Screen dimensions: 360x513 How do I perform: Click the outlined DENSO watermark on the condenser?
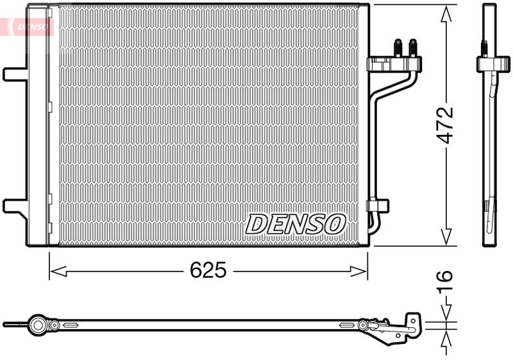(x=296, y=224)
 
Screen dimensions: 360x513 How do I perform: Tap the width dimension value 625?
(x=208, y=271)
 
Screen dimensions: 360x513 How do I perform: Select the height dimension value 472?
(x=445, y=124)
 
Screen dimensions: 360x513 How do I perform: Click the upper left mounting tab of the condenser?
(x=14, y=73)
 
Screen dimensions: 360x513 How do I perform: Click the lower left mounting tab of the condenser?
(x=14, y=206)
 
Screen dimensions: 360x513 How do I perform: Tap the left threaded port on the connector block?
(x=398, y=48)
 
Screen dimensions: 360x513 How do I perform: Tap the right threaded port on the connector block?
(x=412, y=48)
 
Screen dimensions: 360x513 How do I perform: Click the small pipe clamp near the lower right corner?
(x=378, y=206)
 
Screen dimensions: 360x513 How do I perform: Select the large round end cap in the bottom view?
(x=40, y=325)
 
